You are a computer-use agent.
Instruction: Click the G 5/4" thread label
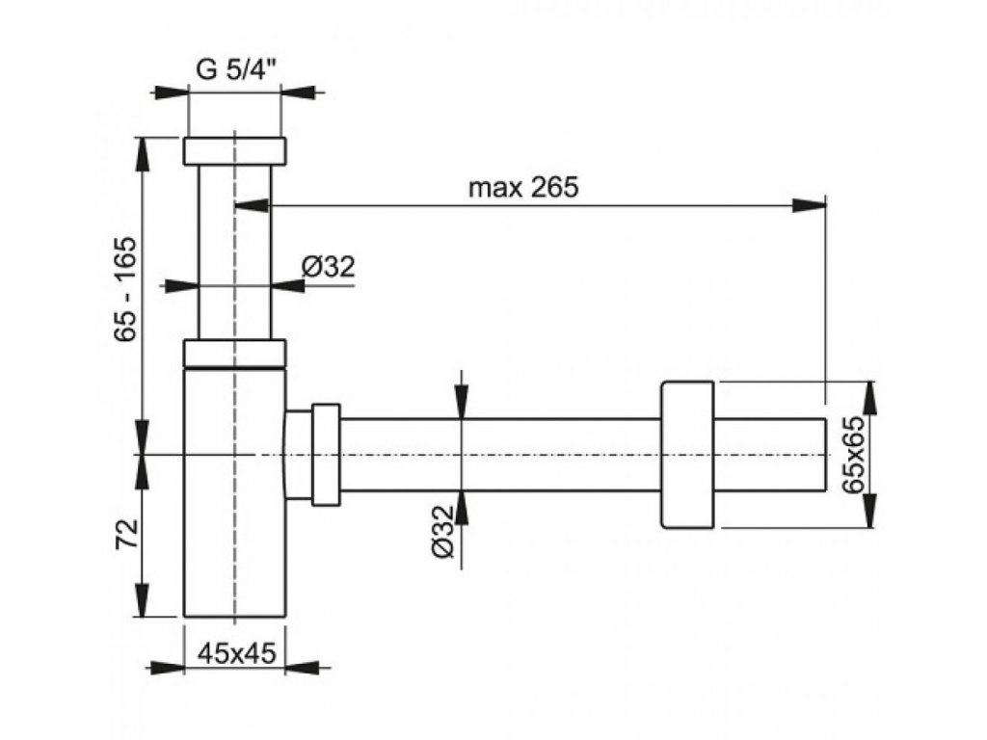pyautogui.click(x=237, y=69)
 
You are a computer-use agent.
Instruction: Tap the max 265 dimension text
pyautogui.click(x=523, y=188)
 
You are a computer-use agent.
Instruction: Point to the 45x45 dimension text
pyautogui.click(x=237, y=654)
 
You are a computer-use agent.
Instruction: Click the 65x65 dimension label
pyautogui.click(x=854, y=455)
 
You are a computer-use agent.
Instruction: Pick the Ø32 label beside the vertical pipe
pyautogui.click(x=328, y=267)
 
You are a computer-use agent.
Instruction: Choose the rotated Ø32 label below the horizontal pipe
pyautogui.click(x=442, y=531)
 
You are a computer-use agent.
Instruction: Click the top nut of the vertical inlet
pyautogui.click(x=235, y=151)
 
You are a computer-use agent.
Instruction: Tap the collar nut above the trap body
pyautogui.click(x=235, y=353)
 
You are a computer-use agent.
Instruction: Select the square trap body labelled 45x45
pyautogui.click(x=235, y=492)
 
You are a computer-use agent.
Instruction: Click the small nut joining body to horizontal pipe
pyautogui.click(x=326, y=455)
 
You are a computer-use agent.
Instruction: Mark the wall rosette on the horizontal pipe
pyautogui.click(x=687, y=455)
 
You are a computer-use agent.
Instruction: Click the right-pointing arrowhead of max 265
pyautogui.click(x=809, y=205)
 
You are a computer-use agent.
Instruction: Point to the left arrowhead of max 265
pyautogui.click(x=252, y=205)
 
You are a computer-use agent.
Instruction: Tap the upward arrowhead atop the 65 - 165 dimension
pyautogui.click(x=143, y=154)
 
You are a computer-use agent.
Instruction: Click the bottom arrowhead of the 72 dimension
pyautogui.click(x=143, y=599)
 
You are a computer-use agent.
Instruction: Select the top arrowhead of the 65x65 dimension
pyautogui.click(x=871, y=398)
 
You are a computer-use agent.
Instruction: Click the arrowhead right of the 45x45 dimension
pyautogui.click(x=303, y=668)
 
